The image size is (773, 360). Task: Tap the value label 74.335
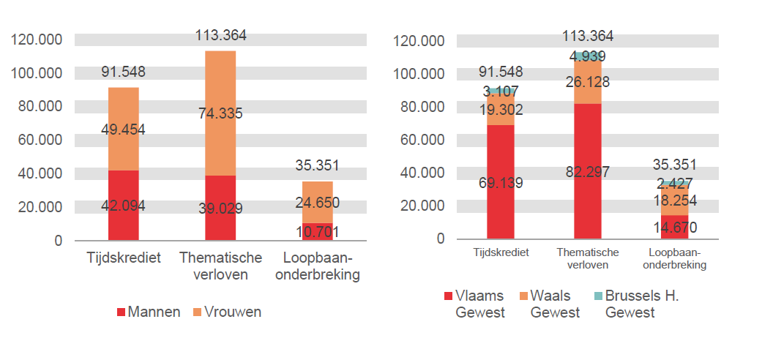pos(220,113)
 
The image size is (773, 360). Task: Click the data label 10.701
pos(317,233)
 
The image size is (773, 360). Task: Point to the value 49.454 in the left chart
pos(123,130)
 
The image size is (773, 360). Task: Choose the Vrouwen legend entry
pos(228,312)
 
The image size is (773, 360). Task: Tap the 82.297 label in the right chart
pos(588,172)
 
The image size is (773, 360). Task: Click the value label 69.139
pos(501,182)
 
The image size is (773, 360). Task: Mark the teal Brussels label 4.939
pos(588,56)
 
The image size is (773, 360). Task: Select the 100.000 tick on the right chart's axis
pos(419,73)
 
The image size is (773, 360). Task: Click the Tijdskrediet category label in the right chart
pos(501,252)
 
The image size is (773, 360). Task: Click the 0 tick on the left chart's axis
pos(59,240)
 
